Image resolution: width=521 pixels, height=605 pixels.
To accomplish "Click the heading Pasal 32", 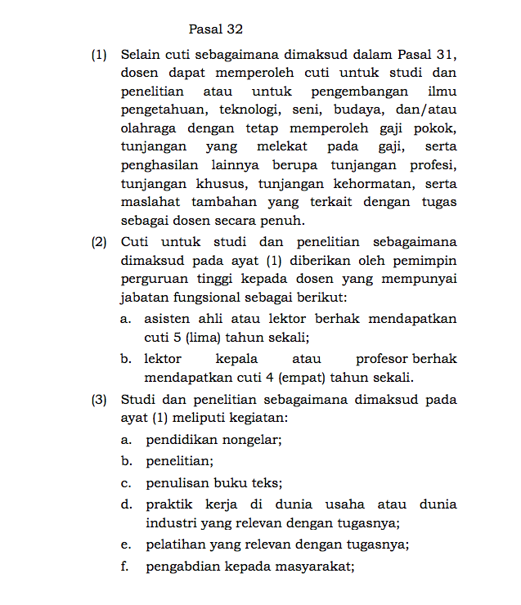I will pos(216,29).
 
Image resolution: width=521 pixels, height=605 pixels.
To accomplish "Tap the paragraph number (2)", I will pos(99,243).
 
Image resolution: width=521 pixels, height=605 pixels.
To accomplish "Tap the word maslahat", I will pos(149,202).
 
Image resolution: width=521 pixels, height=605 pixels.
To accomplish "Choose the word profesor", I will pos(382,359).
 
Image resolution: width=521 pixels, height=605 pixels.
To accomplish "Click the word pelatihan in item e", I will pos(174,544).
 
